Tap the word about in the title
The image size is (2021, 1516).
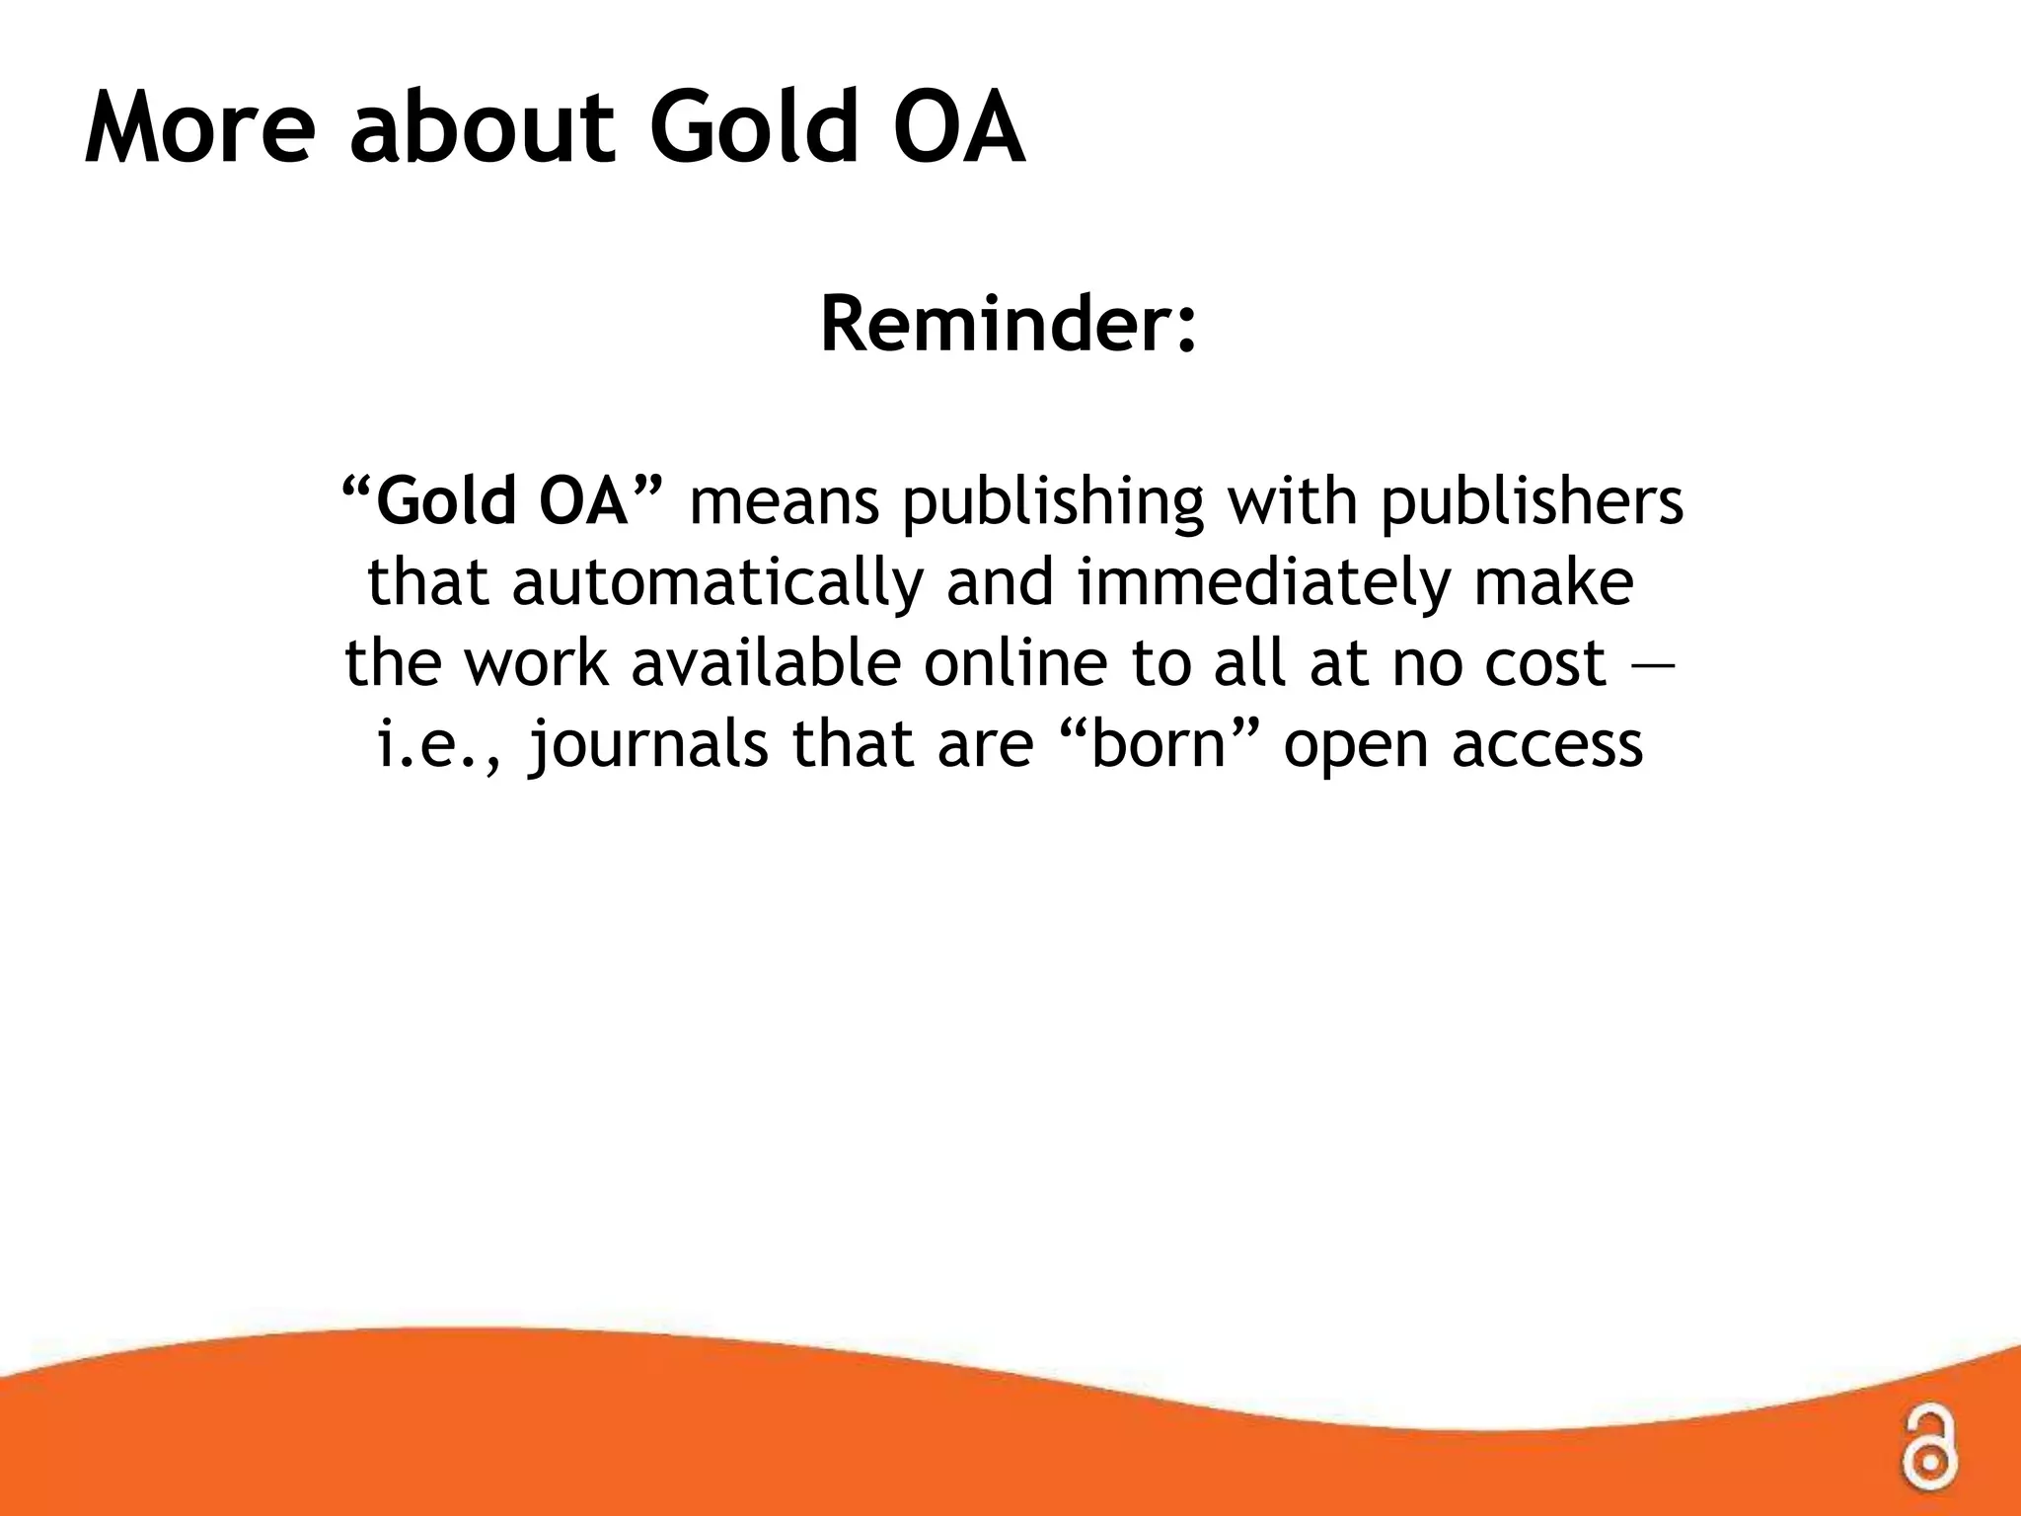(483, 129)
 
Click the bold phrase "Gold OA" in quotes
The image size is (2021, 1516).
(502, 500)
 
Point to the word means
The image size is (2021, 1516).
(784, 500)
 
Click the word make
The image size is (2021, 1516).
(1553, 582)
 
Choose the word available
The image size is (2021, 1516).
(766, 663)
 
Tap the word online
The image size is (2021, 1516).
(1015, 663)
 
